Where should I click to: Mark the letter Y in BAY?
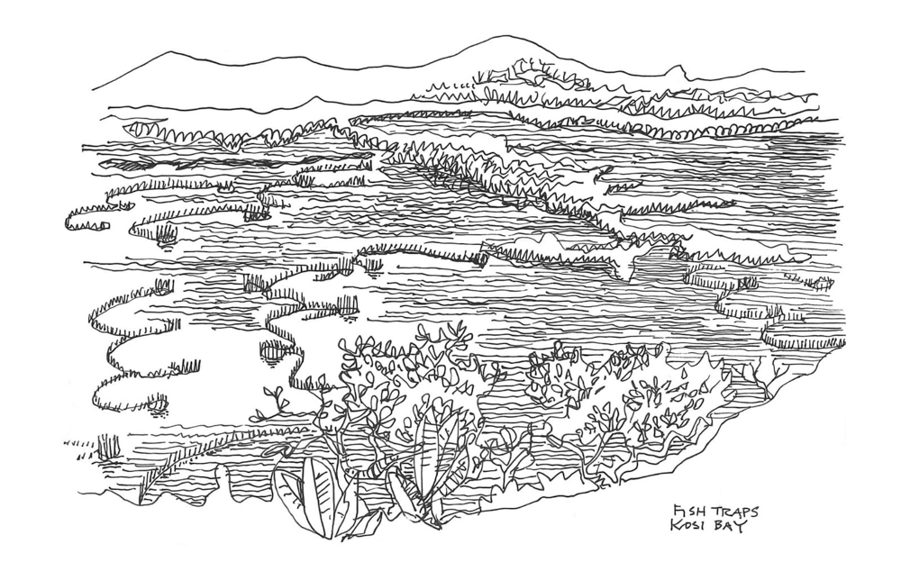click(742, 529)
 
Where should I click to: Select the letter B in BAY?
click(717, 527)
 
